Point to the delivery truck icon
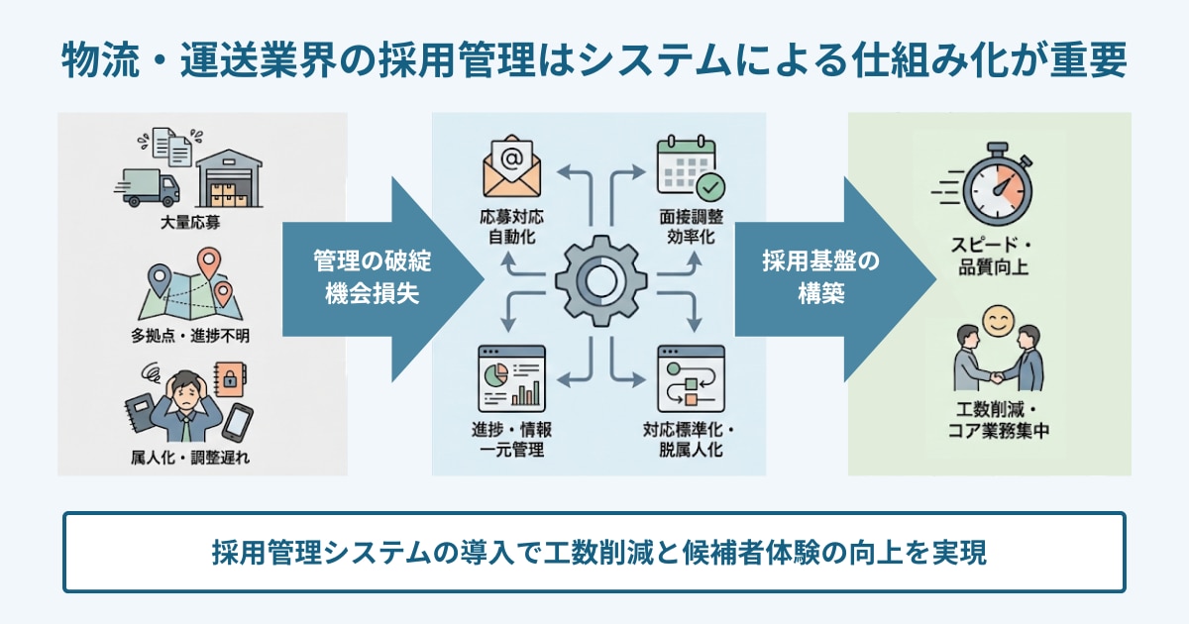(148, 185)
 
